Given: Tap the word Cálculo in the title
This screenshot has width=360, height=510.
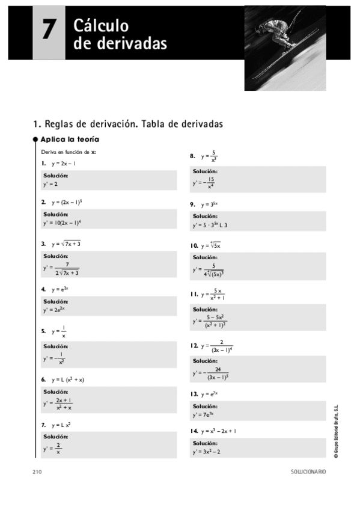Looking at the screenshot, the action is coord(101,25).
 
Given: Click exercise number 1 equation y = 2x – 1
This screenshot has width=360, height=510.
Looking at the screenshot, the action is coord(64,163).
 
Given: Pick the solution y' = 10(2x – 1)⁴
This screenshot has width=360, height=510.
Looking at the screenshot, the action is coord(62,223).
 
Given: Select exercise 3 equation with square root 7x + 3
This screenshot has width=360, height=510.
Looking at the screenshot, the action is coord(66,244).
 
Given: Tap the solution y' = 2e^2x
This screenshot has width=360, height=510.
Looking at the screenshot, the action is coord(54,310).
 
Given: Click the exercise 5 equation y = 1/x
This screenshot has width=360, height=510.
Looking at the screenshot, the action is coord(59,331).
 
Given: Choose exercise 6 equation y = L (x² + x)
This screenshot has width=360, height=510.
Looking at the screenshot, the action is coord(67,379).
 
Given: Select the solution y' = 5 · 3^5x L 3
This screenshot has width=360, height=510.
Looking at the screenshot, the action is coord(210,225).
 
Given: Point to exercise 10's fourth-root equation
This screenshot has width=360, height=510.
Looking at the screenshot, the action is coord(211,245).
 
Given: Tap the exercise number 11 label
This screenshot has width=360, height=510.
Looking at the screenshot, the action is coord(194,294).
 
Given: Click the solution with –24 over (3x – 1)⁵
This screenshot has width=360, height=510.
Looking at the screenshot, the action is coord(211,373).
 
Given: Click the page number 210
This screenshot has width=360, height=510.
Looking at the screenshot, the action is coord(37,472).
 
